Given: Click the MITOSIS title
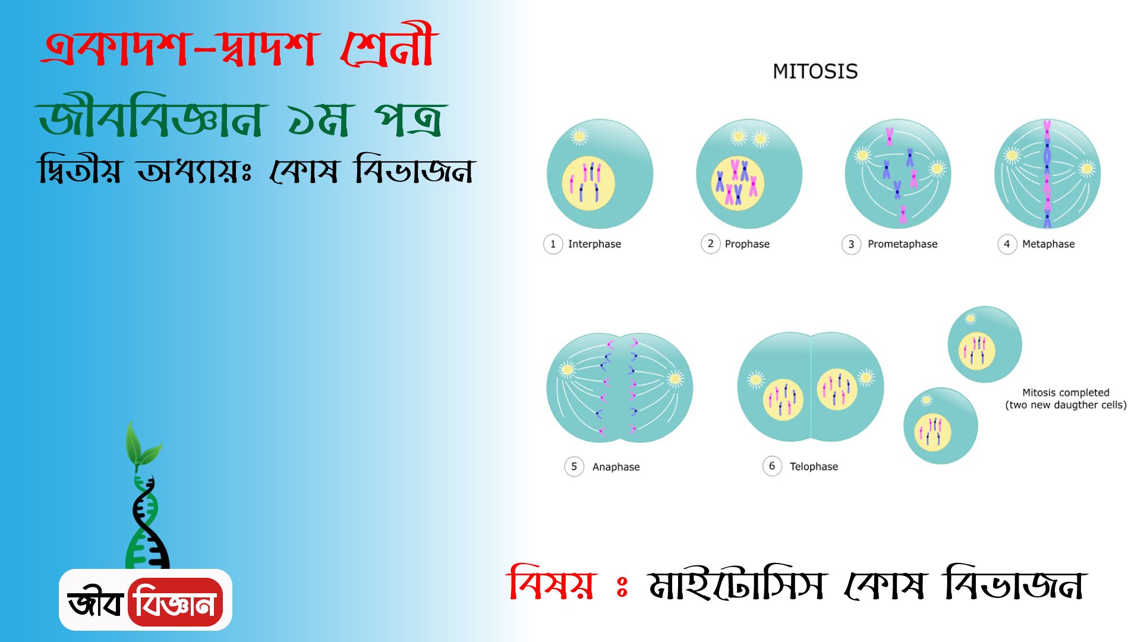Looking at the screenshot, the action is (815, 71).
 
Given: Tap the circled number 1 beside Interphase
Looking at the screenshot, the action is (553, 244).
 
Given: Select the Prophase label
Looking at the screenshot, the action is (747, 244).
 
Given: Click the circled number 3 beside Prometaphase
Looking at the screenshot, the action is (851, 244).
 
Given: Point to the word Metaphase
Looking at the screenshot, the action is (1048, 244).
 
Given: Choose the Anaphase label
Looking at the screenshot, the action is (616, 467).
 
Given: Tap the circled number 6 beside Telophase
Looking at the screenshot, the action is (772, 466).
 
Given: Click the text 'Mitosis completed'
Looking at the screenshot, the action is (1066, 392).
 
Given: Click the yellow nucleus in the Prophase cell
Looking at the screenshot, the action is (737, 184).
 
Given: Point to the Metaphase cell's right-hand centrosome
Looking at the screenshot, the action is (1087, 169).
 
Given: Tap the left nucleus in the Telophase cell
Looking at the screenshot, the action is (783, 399).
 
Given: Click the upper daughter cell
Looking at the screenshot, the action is (985, 344).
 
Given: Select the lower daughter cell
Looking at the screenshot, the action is (941, 426).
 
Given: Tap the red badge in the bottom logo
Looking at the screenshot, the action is (175, 602).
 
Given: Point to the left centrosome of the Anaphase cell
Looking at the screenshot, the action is (568, 370).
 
